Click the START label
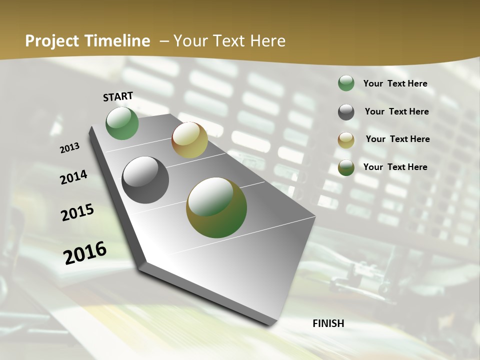(x=118, y=96)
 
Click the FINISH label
(x=328, y=323)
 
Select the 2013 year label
(x=69, y=148)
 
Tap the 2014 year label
(x=73, y=177)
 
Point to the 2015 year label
(x=77, y=212)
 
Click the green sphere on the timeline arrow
(x=122, y=123)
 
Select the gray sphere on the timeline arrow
(x=145, y=180)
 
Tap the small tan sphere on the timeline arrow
(x=189, y=140)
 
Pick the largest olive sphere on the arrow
(x=216, y=207)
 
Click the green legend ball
(x=346, y=83)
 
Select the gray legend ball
(x=346, y=112)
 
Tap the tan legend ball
(x=346, y=140)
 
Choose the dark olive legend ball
(x=346, y=167)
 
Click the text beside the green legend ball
(x=395, y=84)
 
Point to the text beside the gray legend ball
(x=396, y=111)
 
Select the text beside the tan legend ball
(x=397, y=139)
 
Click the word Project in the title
(x=51, y=41)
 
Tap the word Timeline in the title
(x=118, y=41)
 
